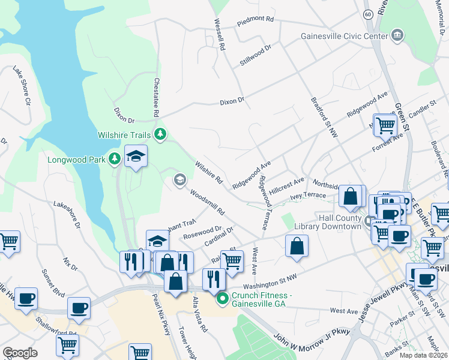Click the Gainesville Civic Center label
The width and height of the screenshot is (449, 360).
345,36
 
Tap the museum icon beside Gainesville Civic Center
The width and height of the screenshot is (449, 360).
397,36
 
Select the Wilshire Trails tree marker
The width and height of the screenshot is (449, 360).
160,133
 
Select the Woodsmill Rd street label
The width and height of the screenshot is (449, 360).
207,203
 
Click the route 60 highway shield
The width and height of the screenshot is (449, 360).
367,13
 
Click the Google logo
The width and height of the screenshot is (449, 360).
20,353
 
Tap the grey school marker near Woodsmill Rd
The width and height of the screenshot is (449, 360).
179,179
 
